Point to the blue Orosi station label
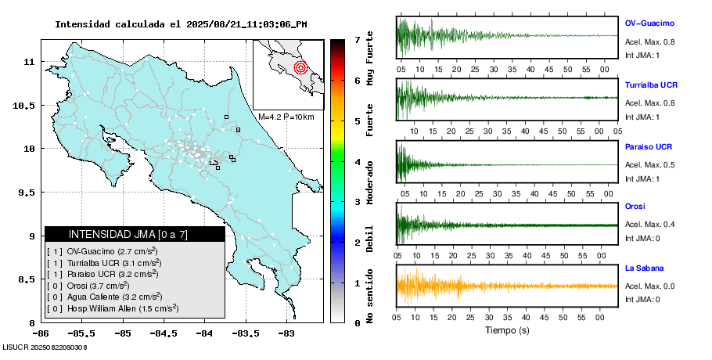click(635, 206)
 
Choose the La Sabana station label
click(644, 268)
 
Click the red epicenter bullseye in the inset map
click(300, 68)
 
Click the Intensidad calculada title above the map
click(181, 24)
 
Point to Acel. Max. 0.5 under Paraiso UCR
click(649, 164)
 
